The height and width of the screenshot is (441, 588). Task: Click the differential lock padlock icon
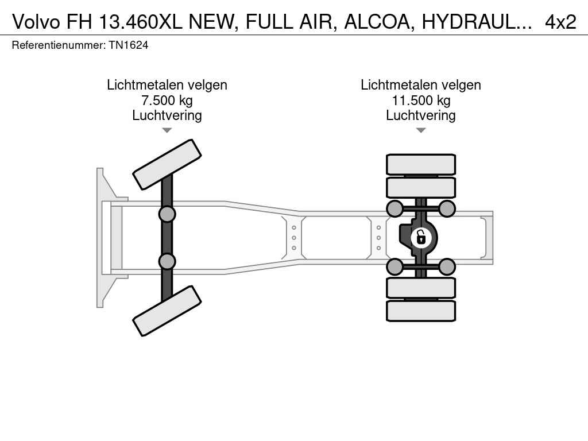421,236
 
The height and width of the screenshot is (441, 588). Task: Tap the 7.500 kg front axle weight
167,100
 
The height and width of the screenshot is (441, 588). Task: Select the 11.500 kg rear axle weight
421,100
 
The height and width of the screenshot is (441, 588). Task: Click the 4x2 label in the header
560,22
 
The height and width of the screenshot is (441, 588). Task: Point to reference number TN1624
128,45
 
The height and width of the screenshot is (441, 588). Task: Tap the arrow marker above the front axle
167,130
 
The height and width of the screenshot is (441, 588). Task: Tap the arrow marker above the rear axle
421,130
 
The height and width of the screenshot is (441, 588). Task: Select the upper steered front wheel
167,164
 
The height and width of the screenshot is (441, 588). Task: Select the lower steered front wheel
167,311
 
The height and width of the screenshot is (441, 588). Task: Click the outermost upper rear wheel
421,164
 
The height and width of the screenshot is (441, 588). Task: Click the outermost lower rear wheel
421,311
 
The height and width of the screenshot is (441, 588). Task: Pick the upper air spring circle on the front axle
167,214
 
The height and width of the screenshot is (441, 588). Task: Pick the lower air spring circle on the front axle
167,261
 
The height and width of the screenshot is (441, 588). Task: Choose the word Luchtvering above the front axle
167,115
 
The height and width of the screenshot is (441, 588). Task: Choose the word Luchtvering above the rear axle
421,115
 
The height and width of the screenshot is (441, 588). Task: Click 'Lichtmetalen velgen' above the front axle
167,85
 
